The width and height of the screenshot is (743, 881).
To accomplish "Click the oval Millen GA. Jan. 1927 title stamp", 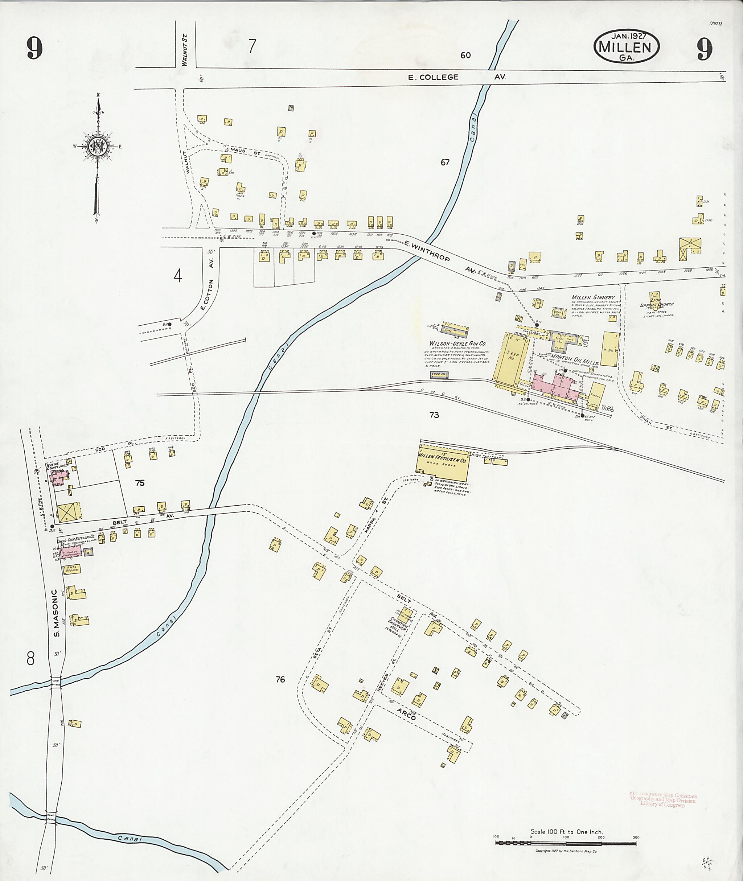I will [x=626, y=47].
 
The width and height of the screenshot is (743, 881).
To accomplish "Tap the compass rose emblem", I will [x=98, y=146].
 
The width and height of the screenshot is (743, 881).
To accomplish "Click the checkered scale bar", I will [x=566, y=844].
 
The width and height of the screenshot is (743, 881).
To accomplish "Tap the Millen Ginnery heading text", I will [x=593, y=297].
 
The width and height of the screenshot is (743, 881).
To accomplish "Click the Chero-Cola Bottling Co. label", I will [x=78, y=538].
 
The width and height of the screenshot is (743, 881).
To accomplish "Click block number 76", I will [x=280, y=679].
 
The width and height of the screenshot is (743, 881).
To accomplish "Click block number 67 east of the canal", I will [x=445, y=162].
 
